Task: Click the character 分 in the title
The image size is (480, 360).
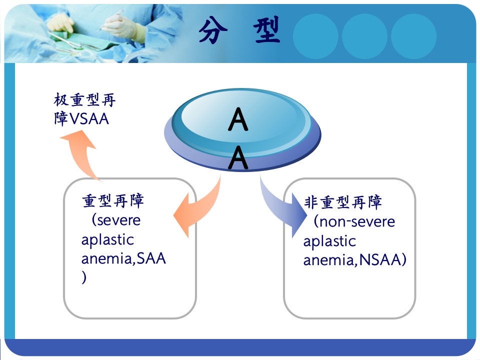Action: click(213, 30)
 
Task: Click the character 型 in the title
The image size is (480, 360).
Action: click(266, 29)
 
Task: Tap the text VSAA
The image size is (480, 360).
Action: click(89, 119)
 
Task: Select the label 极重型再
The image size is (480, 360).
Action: click(84, 100)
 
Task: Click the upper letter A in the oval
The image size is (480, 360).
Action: click(238, 119)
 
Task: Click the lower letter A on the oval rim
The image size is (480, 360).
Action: click(238, 157)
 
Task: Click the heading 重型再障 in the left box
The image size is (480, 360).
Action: click(113, 201)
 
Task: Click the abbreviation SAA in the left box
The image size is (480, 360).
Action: click(151, 258)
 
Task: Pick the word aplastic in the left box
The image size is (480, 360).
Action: click(107, 239)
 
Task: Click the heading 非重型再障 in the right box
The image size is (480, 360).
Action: click(343, 202)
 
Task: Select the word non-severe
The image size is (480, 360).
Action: click(357, 221)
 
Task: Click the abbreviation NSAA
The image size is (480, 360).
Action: click(379, 260)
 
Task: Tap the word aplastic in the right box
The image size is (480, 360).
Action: click(329, 241)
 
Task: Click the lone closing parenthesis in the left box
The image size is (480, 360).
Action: click(84, 277)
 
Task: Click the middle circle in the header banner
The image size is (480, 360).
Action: click(364, 36)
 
